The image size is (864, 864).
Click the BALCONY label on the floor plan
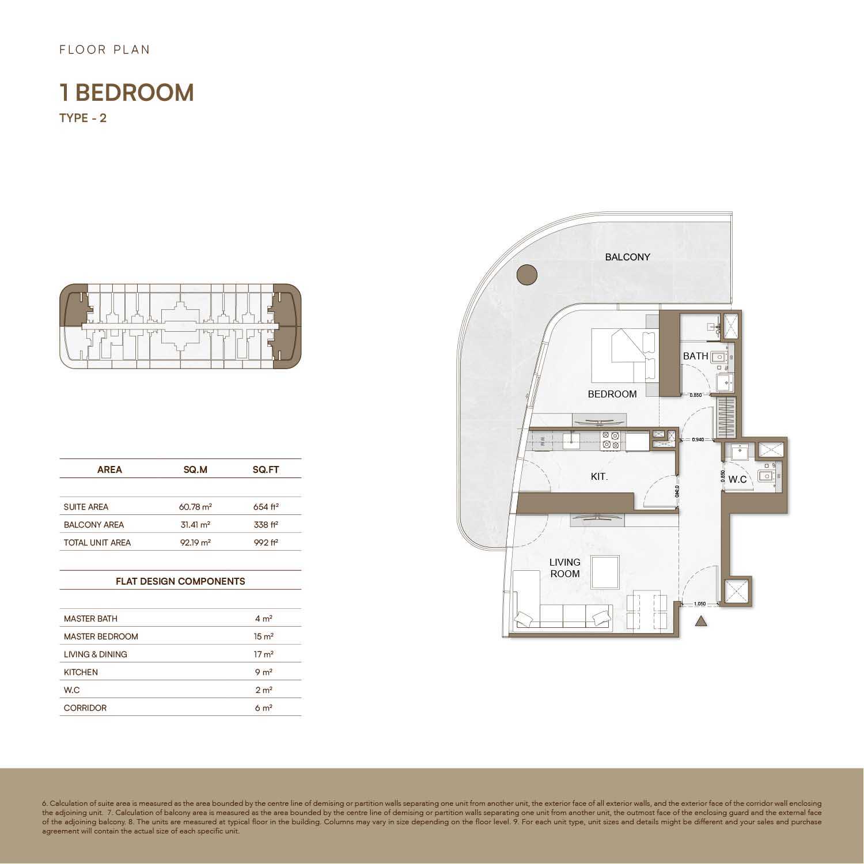coord(627,257)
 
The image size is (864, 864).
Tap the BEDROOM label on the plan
coord(612,394)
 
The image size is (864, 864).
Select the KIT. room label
coord(599,477)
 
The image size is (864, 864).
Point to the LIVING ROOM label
coord(564,568)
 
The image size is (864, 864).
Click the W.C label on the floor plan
coord(737,479)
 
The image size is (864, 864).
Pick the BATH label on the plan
coord(695,356)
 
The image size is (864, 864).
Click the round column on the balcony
coord(526,275)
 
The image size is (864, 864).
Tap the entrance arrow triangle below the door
coord(701,621)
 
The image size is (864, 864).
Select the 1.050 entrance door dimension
coord(700,604)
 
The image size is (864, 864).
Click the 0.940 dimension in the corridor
coord(698,439)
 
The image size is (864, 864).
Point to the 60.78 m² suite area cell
coord(195,507)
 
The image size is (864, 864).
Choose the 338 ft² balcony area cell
coord(266,525)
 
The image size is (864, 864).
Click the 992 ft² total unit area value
coord(266,543)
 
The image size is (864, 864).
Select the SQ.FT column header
coord(266,469)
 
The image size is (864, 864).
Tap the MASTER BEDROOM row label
coord(101,636)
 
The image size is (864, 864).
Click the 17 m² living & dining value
coord(264,654)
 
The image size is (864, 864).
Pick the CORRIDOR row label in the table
coord(85,708)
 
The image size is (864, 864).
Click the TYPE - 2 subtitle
coord(83,118)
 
